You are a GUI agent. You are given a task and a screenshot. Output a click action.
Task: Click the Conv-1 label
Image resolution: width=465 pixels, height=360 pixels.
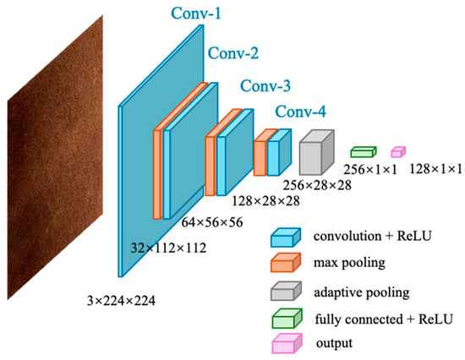[x=196, y=13]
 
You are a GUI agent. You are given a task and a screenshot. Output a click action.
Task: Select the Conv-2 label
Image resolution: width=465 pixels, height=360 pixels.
[x=233, y=53]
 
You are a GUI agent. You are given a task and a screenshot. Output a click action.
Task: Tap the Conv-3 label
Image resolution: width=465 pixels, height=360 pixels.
[x=265, y=86]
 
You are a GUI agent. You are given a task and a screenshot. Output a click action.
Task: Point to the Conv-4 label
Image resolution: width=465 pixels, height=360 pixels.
[x=301, y=112]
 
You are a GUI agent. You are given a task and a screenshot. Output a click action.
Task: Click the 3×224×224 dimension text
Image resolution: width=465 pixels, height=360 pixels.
[x=121, y=301]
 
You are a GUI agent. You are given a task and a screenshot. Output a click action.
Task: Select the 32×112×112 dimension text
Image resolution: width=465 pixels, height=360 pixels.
[x=168, y=248]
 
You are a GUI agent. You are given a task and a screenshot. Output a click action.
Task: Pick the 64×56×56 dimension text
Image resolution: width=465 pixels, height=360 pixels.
[x=212, y=222]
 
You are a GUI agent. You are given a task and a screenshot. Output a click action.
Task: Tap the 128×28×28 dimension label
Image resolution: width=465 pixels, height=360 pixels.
[x=265, y=201]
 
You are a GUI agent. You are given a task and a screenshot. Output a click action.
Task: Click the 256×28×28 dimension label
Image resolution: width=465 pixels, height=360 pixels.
[x=317, y=185]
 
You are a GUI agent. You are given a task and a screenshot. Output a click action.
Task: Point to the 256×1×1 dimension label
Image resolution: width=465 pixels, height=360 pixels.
[x=370, y=170]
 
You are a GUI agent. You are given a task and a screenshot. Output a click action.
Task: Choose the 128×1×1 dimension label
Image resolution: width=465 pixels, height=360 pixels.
[x=436, y=169]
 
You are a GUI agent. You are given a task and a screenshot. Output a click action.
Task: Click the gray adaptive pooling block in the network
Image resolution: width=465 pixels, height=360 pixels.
[x=317, y=152]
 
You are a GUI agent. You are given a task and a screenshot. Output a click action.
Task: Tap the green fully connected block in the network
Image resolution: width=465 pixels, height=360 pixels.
[x=364, y=152]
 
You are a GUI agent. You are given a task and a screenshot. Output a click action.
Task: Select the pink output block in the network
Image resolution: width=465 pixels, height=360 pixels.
[x=398, y=152]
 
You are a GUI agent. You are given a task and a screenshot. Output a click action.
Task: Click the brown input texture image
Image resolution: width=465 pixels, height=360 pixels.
[x=55, y=157]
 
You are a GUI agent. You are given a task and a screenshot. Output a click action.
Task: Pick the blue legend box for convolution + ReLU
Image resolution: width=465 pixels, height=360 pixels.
[x=286, y=237]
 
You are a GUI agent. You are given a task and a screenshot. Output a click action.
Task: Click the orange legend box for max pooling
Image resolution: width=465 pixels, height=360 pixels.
[x=286, y=262]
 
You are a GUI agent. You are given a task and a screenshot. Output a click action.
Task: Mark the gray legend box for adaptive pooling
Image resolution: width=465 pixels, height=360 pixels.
[x=286, y=291]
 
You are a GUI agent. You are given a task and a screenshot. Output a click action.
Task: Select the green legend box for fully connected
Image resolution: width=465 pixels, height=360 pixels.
[x=287, y=319]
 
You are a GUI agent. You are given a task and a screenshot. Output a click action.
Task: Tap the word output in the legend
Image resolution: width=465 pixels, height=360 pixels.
[x=334, y=343]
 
